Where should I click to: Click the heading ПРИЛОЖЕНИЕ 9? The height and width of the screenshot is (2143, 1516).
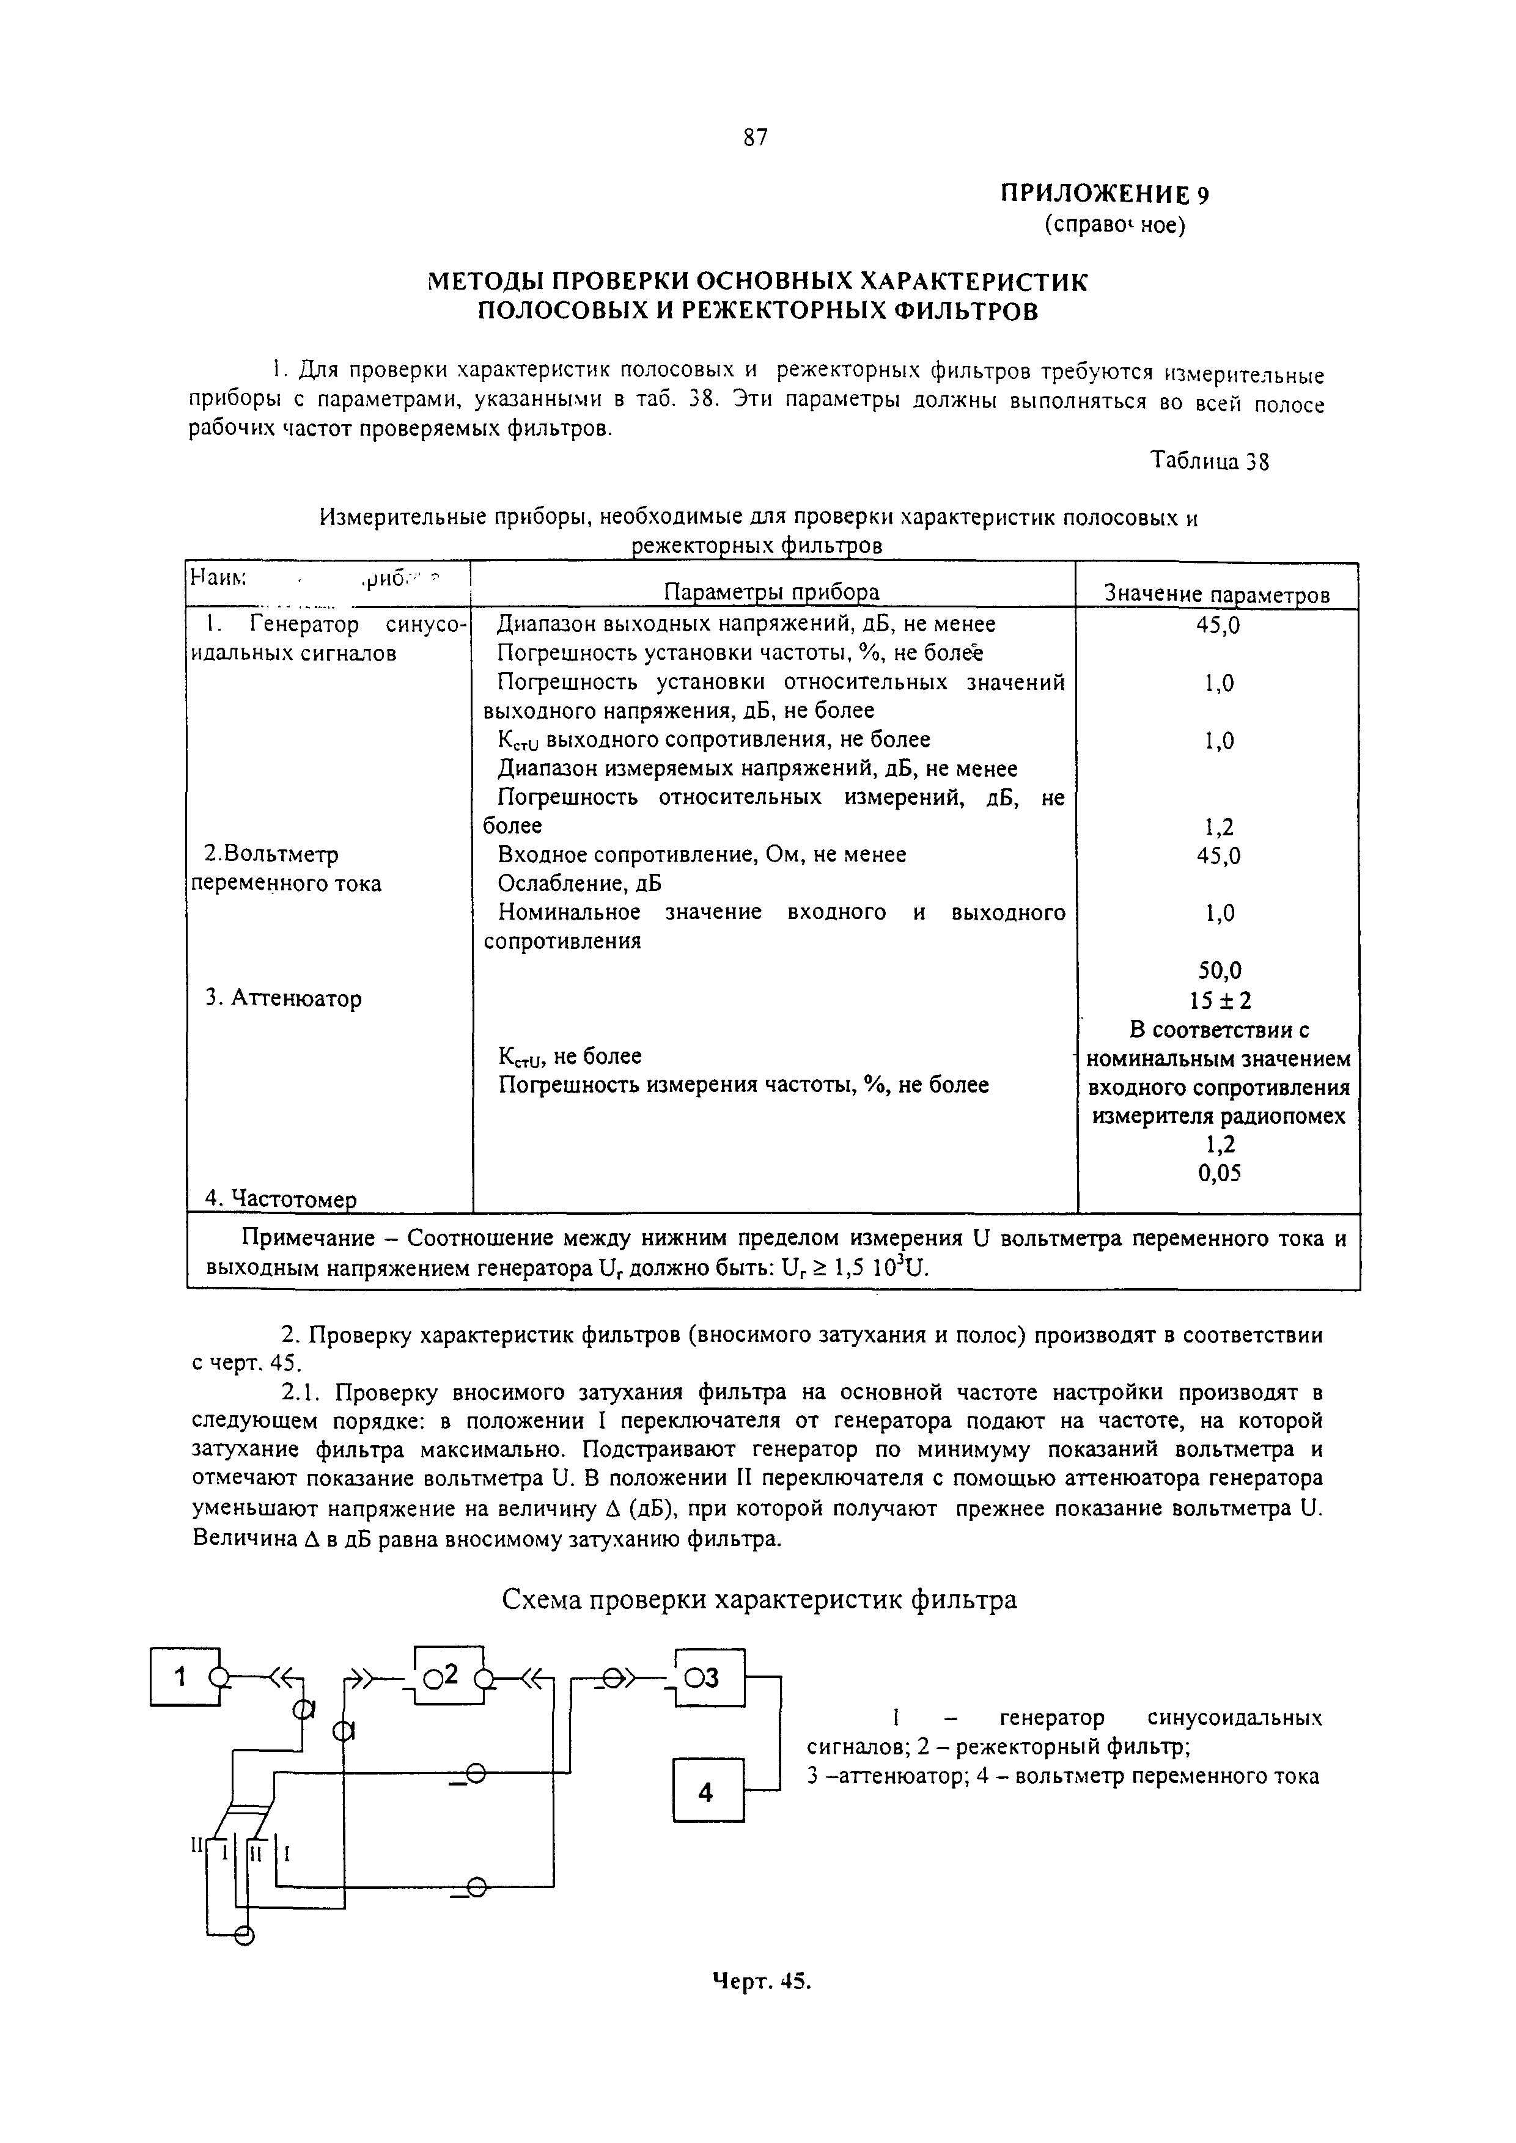click(1105, 194)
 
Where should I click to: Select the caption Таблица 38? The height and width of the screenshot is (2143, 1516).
click(1209, 461)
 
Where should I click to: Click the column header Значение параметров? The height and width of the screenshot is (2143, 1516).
click(1217, 595)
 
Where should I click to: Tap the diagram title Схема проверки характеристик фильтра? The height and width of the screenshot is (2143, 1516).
click(759, 1600)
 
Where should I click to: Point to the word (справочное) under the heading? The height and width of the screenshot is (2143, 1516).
click(1114, 225)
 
